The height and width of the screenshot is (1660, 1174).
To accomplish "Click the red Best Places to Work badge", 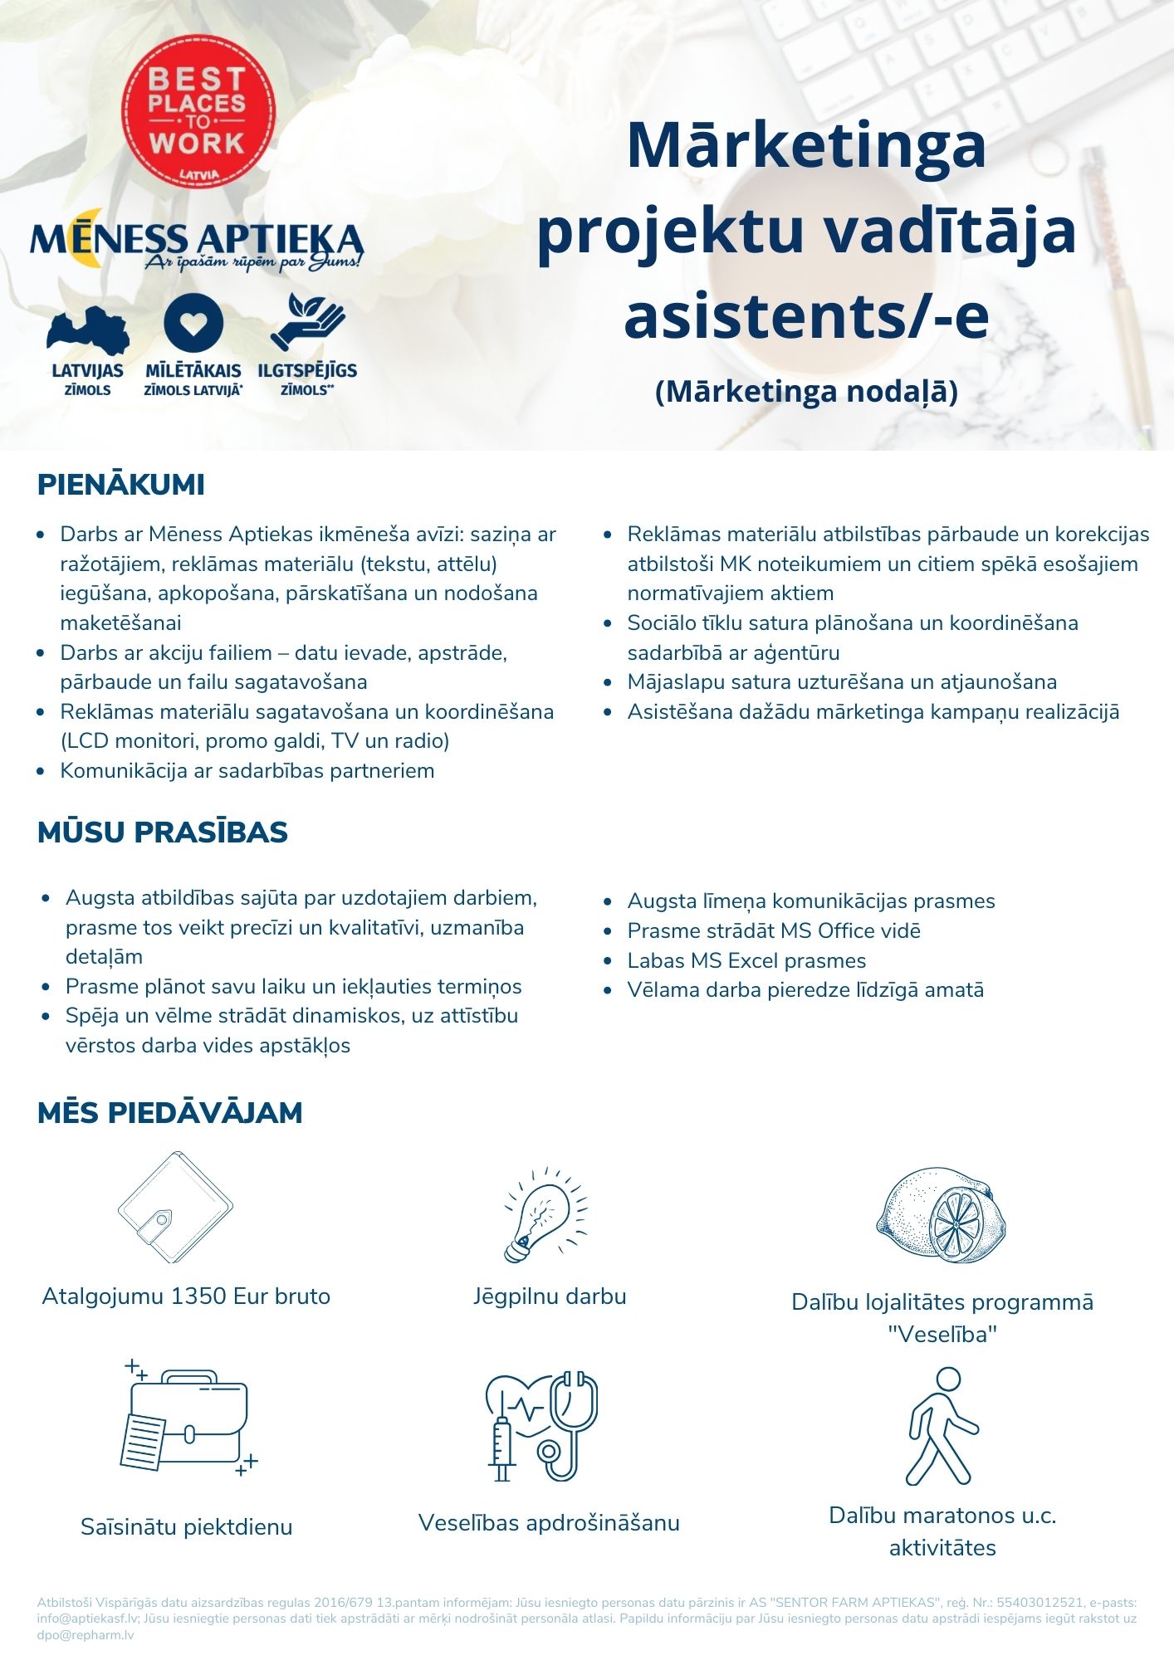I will [198, 111].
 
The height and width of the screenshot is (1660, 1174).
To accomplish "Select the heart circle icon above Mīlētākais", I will [193, 324].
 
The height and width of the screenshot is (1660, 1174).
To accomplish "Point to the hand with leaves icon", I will [306, 322].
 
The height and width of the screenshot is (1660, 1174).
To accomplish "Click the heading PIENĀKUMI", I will [121, 485].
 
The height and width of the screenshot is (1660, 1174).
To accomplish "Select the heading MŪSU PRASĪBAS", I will [163, 832].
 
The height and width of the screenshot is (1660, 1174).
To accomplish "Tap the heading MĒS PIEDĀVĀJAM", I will [170, 1112].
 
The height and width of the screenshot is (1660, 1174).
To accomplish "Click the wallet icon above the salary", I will [175, 1208].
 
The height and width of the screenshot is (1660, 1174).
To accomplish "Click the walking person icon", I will [942, 1426].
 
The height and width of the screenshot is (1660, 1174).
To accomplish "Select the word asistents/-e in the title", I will [806, 316].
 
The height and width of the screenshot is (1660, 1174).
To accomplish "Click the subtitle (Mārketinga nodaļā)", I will [806, 391].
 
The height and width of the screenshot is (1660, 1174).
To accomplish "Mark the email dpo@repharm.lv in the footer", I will [86, 1635].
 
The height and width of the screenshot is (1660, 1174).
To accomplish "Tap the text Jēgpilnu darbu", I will [550, 1296].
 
